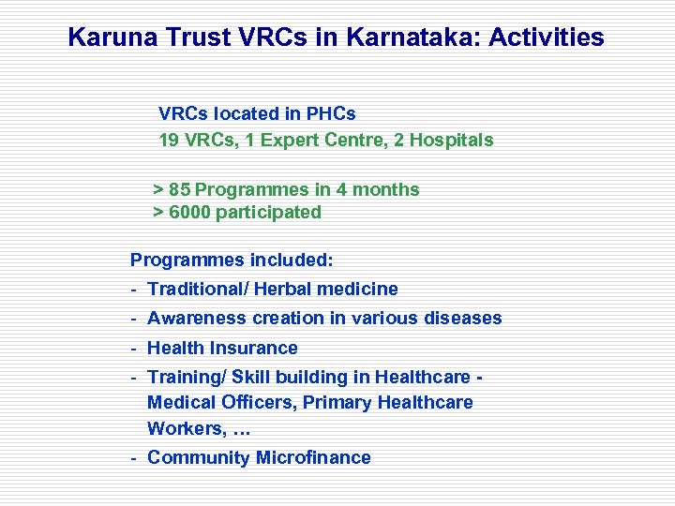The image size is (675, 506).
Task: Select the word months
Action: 384,189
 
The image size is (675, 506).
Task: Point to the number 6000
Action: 189,212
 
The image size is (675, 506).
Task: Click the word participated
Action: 269,212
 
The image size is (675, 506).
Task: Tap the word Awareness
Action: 192,319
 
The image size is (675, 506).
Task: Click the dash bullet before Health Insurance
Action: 135,349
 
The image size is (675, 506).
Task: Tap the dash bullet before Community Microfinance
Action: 135,458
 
